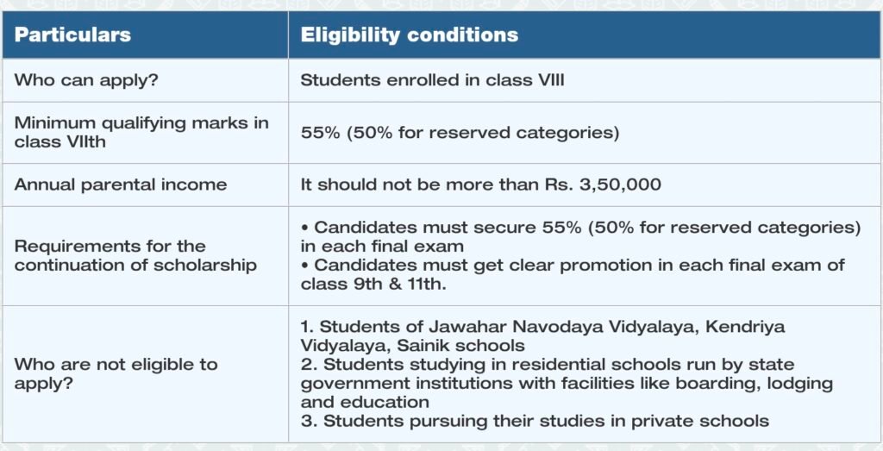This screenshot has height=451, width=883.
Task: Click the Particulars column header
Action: pos(72,34)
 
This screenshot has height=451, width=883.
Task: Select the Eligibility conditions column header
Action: pos(410,34)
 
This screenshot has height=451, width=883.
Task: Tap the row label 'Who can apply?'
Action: pos(86,80)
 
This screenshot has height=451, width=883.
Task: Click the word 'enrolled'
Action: pos(420,80)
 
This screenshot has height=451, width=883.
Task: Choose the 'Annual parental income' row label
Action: pos(121,185)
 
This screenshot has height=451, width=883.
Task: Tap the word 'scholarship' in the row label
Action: pos(205,266)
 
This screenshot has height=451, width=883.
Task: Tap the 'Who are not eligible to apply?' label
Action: pos(116,374)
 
